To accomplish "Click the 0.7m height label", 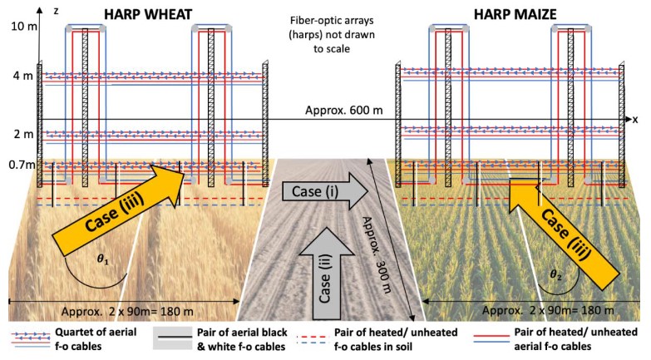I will click(x=20, y=164).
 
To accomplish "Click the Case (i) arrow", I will click(x=317, y=191).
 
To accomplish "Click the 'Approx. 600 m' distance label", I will click(x=348, y=109).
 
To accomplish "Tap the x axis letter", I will click(x=634, y=120).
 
